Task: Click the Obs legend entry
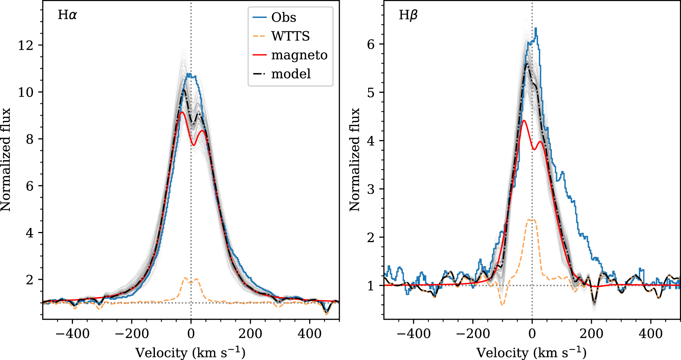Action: click(x=284, y=18)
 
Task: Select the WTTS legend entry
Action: click(x=290, y=36)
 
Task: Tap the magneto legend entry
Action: click(x=299, y=55)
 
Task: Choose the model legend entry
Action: click(x=291, y=74)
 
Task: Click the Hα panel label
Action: click(x=67, y=15)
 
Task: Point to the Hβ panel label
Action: click(x=408, y=15)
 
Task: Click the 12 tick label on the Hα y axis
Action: click(x=25, y=45)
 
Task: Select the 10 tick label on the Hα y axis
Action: click(x=25, y=92)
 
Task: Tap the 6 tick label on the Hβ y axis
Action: click(x=370, y=44)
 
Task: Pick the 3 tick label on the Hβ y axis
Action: click(x=370, y=189)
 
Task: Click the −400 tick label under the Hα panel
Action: click(x=72, y=333)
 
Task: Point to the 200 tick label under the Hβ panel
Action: click(x=592, y=333)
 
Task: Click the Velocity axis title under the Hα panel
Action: click(x=190, y=352)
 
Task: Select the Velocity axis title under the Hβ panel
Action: click(x=532, y=352)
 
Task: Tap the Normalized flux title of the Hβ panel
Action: click(x=354, y=160)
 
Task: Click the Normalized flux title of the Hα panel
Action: click(x=6, y=160)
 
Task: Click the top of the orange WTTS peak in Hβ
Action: click(x=531, y=220)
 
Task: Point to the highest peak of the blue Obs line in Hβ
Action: click(x=536, y=28)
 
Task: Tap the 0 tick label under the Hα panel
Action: click(x=191, y=333)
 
